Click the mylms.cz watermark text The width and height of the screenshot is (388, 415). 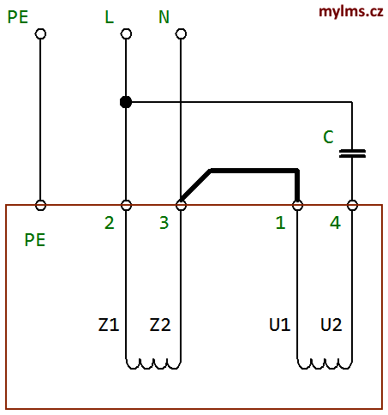(350, 12)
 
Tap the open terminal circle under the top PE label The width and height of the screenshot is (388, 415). (40, 33)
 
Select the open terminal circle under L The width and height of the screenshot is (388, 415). (126, 33)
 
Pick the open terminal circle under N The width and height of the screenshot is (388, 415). (181, 33)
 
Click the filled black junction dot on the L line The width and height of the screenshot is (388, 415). (126, 102)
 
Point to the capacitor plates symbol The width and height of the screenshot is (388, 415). (352, 153)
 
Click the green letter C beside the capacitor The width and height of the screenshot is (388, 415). (328, 137)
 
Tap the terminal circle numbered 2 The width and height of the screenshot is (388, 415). (126, 205)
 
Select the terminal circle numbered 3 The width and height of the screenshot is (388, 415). (181, 205)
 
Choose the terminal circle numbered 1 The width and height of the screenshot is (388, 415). (297, 205)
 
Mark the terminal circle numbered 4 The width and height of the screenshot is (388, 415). (352, 205)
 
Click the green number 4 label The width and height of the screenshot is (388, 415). (335, 223)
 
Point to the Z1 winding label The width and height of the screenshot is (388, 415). (109, 325)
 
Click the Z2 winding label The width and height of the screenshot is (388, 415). (160, 325)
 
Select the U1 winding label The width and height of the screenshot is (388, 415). (280, 325)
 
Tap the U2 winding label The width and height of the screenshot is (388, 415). (331, 325)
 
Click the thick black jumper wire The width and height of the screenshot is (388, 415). (254, 171)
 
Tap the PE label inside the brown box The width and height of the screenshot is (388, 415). (35, 240)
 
